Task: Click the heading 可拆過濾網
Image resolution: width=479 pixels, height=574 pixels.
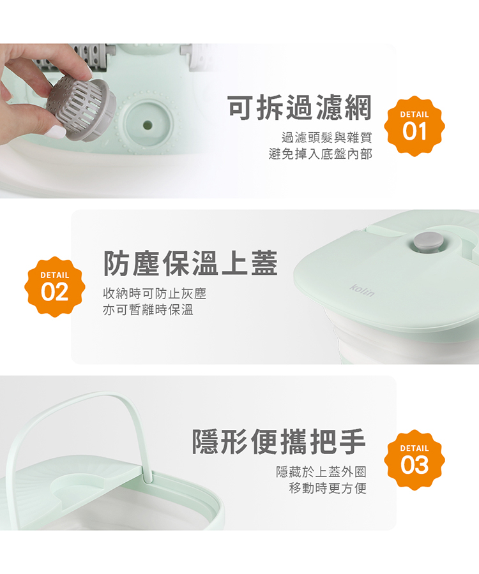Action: [x=300, y=108]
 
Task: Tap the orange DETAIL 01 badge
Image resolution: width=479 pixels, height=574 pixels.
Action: [x=414, y=126]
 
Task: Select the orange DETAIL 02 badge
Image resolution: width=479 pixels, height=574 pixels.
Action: [x=55, y=286]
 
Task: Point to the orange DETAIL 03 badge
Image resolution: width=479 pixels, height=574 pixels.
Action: [x=414, y=460]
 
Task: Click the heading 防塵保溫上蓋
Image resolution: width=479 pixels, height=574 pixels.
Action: [x=190, y=263]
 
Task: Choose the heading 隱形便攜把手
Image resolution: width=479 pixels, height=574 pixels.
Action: [x=279, y=441]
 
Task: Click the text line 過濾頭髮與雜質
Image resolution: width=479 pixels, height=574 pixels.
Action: [x=327, y=138]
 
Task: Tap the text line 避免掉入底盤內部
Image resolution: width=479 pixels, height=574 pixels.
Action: [x=321, y=154]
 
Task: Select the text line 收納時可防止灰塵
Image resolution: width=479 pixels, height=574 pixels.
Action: [x=155, y=293]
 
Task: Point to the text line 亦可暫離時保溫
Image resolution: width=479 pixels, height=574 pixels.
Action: [x=148, y=310]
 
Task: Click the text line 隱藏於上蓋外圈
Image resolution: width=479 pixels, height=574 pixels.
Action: [x=321, y=472]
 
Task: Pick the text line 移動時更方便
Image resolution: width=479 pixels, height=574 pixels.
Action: [x=328, y=488]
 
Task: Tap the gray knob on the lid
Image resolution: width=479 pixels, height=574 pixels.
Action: [x=429, y=242]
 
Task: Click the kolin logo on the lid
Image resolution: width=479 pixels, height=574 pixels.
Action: [x=362, y=290]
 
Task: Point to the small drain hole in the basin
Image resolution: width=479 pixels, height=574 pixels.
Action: [x=148, y=124]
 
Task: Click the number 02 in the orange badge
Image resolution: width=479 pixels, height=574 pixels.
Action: [x=55, y=291]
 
